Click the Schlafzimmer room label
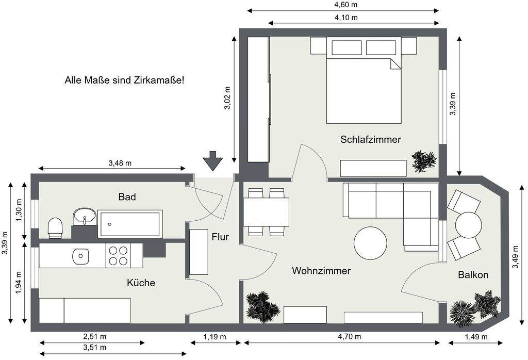point(370,139)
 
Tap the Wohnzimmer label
point(321,271)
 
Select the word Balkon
point(473,275)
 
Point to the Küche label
point(141,283)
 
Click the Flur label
point(220,237)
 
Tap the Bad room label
point(127,197)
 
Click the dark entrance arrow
point(212,160)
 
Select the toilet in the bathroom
point(55,227)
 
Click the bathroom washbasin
point(84,217)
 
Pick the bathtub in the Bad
point(130,224)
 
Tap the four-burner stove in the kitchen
point(118,255)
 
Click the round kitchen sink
point(80,255)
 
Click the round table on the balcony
point(469,225)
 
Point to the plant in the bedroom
point(424,161)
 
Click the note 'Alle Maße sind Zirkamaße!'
point(124,80)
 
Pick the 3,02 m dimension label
point(227,98)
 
